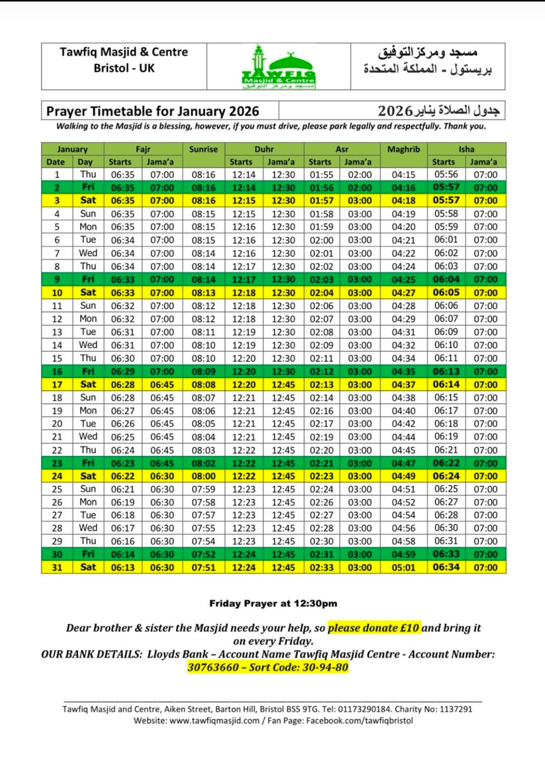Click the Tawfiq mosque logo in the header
(279, 67)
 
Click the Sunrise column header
(203, 149)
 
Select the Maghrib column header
(403, 149)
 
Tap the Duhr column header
(264, 149)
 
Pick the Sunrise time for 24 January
(203, 476)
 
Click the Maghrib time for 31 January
(403, 568)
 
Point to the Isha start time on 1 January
(446, 175)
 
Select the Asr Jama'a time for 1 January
(360, 175)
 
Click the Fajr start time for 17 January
(123, 384)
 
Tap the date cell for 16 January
(57, 371)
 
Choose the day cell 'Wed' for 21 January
(88, 436)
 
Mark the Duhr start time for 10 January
(243, 293)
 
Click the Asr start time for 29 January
(321, 541)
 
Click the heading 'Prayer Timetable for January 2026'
(153, 111)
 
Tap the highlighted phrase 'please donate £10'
(374, 628)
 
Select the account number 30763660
(213, 668)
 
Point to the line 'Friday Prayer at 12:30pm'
(273, 603)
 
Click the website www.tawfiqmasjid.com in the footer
(214, 721)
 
